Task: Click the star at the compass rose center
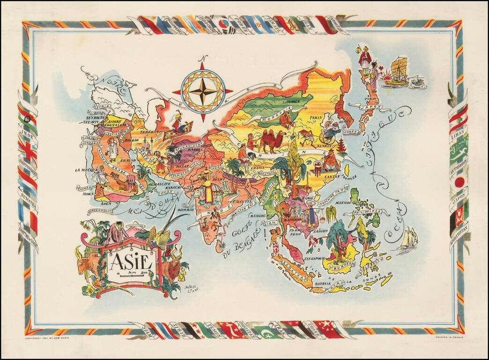coord(203,91)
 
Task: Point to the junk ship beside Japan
coord(397,73)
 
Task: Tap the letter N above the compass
coord(202,59)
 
